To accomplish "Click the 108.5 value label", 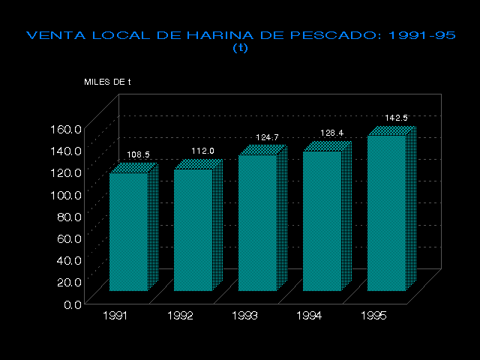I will pos(138,155).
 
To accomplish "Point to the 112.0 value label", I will pos(202,151).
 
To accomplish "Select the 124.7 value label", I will pos(267,137).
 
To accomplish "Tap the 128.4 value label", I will pos(331,133).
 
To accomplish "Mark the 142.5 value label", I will pos(396,118).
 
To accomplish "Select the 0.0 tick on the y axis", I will pos(73,304).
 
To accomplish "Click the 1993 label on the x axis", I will pos(244,316).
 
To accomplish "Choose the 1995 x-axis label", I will pos(373,316).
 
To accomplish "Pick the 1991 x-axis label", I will pos(115,316).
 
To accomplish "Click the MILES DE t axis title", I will pos(107,81).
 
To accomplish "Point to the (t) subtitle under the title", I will pos(240,48).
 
